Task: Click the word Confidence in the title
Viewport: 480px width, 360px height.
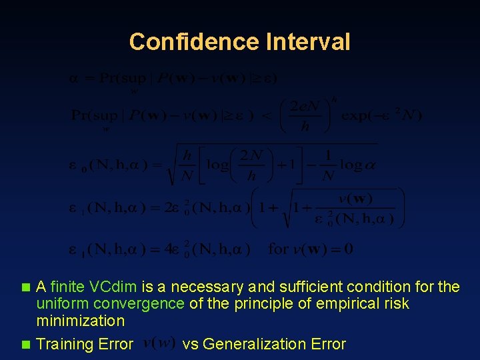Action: tap(193, 42)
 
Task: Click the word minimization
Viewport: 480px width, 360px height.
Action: tap(80, 321)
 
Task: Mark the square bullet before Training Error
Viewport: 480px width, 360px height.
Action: tap(26, 345)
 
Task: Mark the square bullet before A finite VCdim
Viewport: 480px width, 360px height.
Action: tap(26, 288)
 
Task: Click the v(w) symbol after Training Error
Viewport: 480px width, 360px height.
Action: tap(159, 343)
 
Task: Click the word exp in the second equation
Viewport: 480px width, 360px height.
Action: tap(355, 115)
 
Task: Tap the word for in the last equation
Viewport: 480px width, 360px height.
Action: tap(278, 250)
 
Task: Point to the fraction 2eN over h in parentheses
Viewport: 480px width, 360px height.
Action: tap(305, 115)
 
